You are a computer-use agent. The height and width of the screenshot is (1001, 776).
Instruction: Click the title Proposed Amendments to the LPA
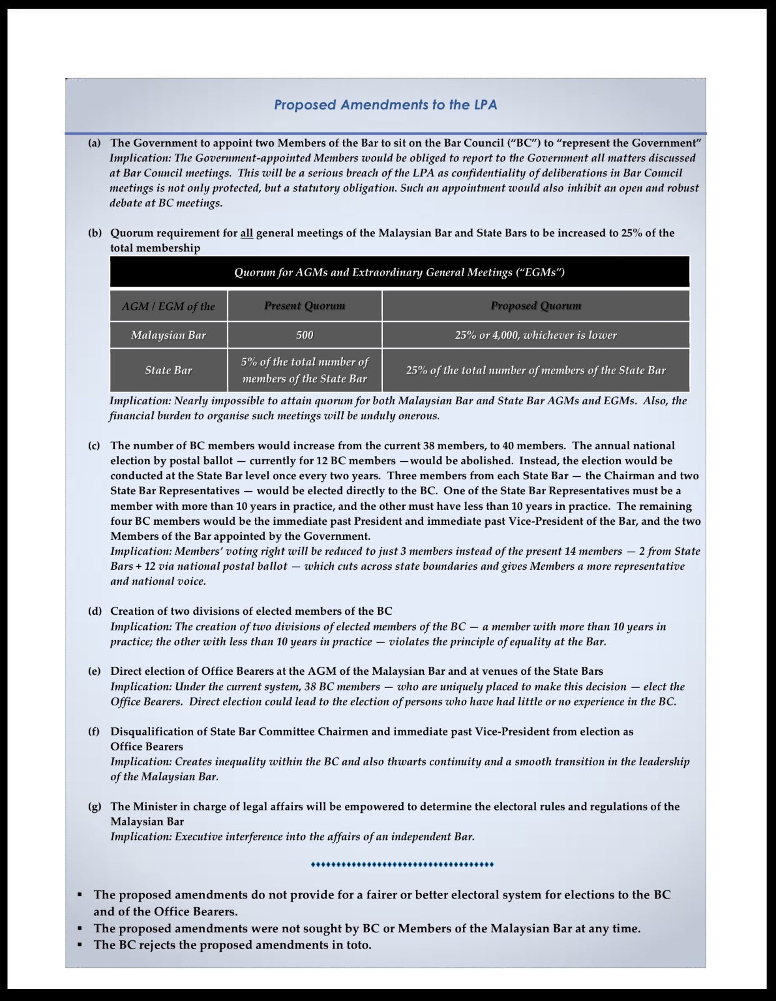point(386,105)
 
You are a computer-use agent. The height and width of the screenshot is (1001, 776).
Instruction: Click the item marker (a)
point(94,143)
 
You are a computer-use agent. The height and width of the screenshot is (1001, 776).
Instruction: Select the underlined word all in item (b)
point(247,233)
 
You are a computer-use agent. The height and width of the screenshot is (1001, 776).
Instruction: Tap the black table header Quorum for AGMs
point(399,272)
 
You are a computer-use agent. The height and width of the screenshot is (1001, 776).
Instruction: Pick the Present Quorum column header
point(304,306)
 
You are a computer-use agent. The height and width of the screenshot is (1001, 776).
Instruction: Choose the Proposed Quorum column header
point(535,306)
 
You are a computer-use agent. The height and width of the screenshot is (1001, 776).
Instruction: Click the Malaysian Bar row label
point(168,336)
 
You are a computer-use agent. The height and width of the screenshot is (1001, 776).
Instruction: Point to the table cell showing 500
point(304,336)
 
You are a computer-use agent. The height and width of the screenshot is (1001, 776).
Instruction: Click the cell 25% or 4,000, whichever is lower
point(535,336)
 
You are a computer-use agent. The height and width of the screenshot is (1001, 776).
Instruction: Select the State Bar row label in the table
point(168,371)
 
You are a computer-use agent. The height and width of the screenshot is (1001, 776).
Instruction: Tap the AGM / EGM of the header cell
point(168,306)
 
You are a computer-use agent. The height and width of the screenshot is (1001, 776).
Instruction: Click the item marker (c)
point(94,446)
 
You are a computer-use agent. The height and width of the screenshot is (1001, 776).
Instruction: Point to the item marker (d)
point(94,611)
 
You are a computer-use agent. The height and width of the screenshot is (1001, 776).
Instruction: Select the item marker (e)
point(94,671)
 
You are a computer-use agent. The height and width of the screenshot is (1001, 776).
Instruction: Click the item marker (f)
point(94,732)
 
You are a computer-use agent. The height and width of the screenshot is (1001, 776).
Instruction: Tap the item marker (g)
point(94,807)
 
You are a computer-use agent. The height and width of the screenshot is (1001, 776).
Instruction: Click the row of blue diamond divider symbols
point(402,865)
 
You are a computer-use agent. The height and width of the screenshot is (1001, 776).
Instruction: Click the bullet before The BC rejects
point(80,945)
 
